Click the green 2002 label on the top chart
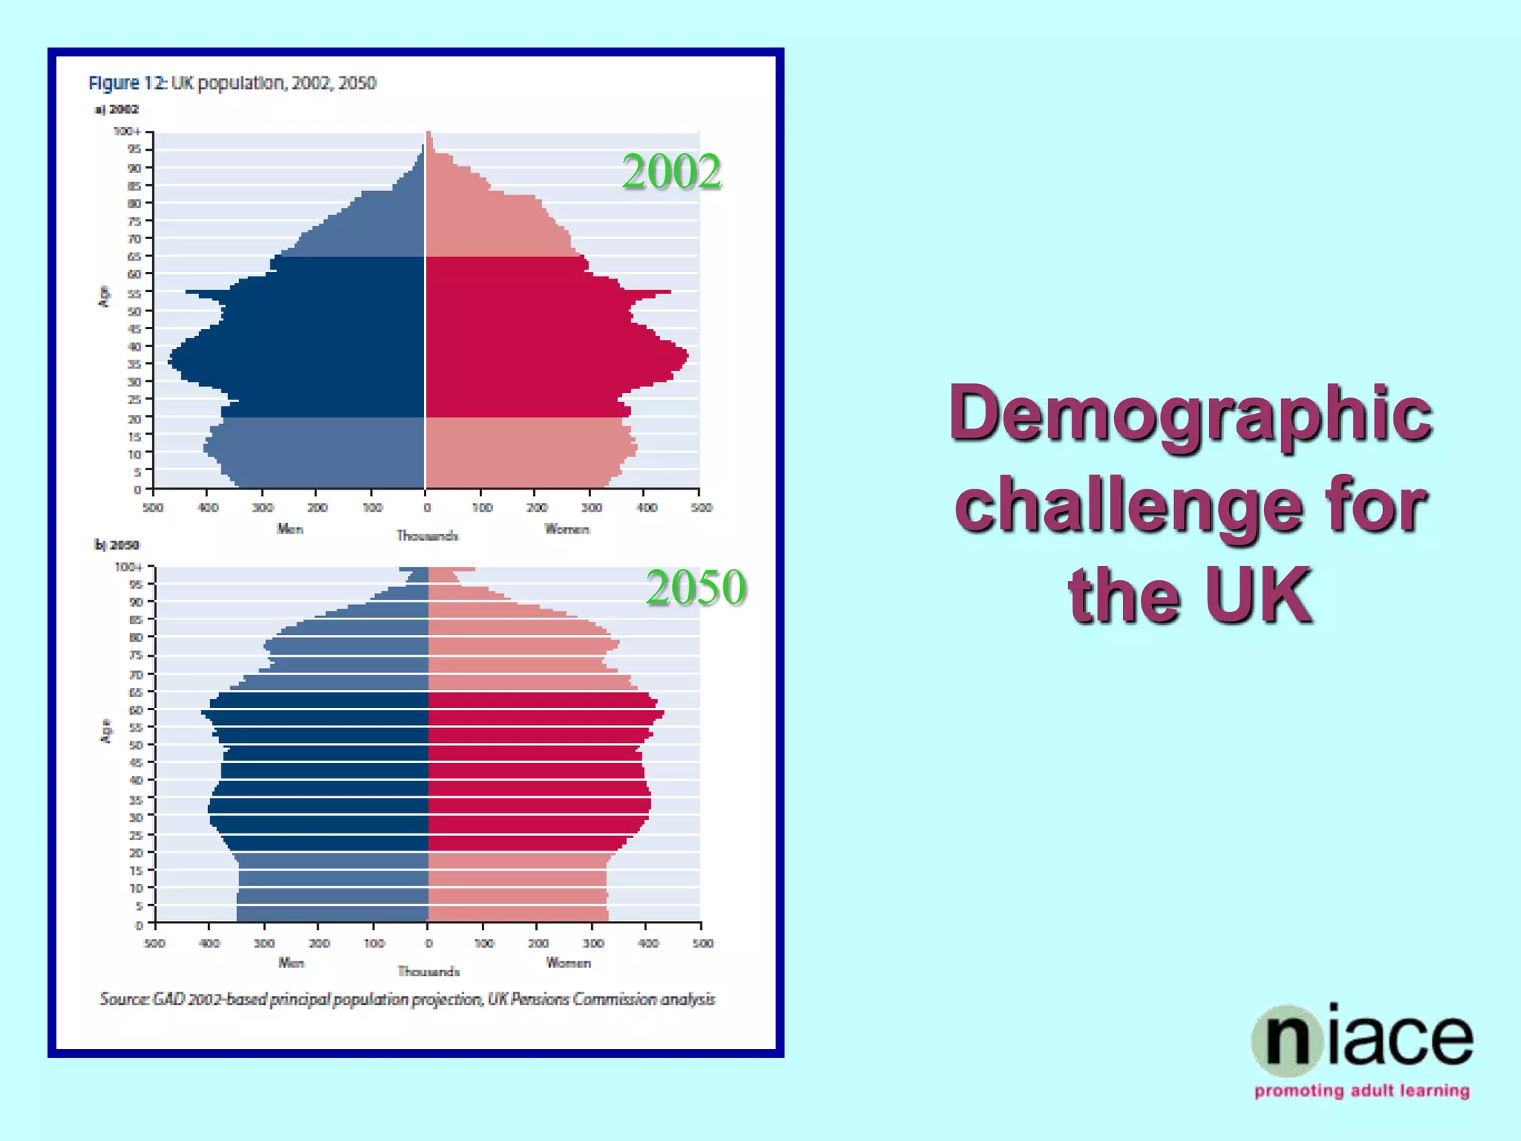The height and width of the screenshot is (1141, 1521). [x=671, y=172]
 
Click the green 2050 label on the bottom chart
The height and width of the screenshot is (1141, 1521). [x=695, y=588]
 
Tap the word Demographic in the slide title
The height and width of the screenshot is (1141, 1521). [x=1191, y=414]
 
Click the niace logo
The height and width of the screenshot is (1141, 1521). [x=1362, y=1039]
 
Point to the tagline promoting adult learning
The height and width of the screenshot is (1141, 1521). [x=1362, y=1090]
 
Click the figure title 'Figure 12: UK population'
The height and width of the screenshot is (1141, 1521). [x=232, y=83]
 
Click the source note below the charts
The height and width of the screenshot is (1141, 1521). [x=408, y=999]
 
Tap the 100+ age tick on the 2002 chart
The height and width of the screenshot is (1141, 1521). [x=127, y=131]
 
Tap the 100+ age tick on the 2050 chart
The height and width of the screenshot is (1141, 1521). [x=128, y=567]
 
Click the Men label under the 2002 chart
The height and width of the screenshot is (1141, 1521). [x=290, y=529]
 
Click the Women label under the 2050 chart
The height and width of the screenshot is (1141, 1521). [x=568, y=963]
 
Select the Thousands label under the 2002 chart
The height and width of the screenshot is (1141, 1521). [x=427, y=536]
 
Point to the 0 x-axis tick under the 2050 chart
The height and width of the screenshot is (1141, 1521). [x=429, y=943]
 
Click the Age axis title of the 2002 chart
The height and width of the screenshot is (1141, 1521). [x=105, y=296]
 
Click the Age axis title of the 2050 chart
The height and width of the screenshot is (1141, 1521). [x=106, y=731]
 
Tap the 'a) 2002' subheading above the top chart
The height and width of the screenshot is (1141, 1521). [x=117, y=109]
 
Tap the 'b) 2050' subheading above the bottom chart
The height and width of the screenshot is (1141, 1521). [x=117, y=545]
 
